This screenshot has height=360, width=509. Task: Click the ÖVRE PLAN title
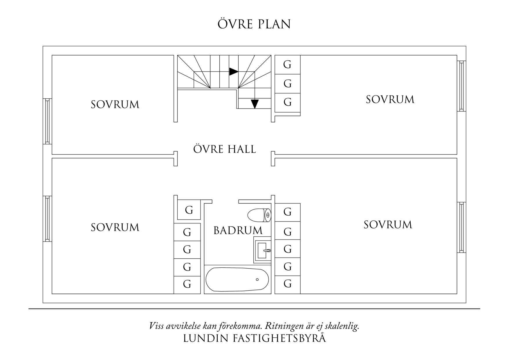[254, 24]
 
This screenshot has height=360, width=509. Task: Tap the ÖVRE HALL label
[225, 149]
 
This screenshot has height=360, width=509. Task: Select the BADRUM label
[238, 231]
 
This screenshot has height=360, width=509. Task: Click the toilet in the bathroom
[259, 215]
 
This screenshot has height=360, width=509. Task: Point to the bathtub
[237, 279]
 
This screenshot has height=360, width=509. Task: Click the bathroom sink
[263, 250]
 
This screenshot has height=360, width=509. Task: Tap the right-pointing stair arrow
[233, 71]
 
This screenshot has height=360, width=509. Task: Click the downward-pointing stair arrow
[255, 104]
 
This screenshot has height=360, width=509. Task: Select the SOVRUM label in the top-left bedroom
[115, 105]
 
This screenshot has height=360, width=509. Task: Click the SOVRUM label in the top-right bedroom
[390, 100]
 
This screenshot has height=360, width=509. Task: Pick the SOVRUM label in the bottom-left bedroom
[115, 227]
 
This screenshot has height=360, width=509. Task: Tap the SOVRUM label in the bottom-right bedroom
[388, 225]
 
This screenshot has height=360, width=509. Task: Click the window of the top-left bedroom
[47, 121]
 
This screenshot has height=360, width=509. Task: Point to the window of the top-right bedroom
[461, 86]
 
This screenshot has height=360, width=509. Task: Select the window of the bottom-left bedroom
[47, 219]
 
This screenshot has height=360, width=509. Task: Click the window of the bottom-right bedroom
[461, 227]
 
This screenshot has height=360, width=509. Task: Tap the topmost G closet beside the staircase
[287, 64]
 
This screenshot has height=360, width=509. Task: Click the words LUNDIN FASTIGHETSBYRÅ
[255, 339]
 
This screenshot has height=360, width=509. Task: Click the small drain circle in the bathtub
[257, 280]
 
